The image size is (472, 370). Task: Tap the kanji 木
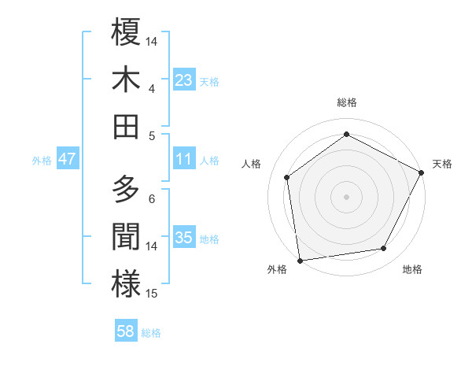pos(126,80)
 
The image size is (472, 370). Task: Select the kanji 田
pos(126,126)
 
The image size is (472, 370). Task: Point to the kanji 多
pos(126,190)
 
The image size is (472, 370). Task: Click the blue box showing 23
pos(184,80)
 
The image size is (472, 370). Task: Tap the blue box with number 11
pos(184,159)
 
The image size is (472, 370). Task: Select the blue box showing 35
pos(184,238)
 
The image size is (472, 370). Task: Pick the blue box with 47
pos(67,159)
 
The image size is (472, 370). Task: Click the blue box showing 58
pos(126,331)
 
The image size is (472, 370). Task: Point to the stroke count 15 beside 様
pos(153,294)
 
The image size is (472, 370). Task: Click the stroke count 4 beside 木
pos(151,89)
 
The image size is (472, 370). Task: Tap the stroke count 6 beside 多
pos(151,198)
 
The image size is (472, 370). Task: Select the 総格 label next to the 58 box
pos(151,333)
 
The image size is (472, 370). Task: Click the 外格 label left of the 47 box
pos(42,161)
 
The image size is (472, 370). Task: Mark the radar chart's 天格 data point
pos(422,173)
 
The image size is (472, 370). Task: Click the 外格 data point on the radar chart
pos(300,259)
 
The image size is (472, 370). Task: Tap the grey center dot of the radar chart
pos(346,196)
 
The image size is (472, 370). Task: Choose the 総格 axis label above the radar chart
pos(346,102)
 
